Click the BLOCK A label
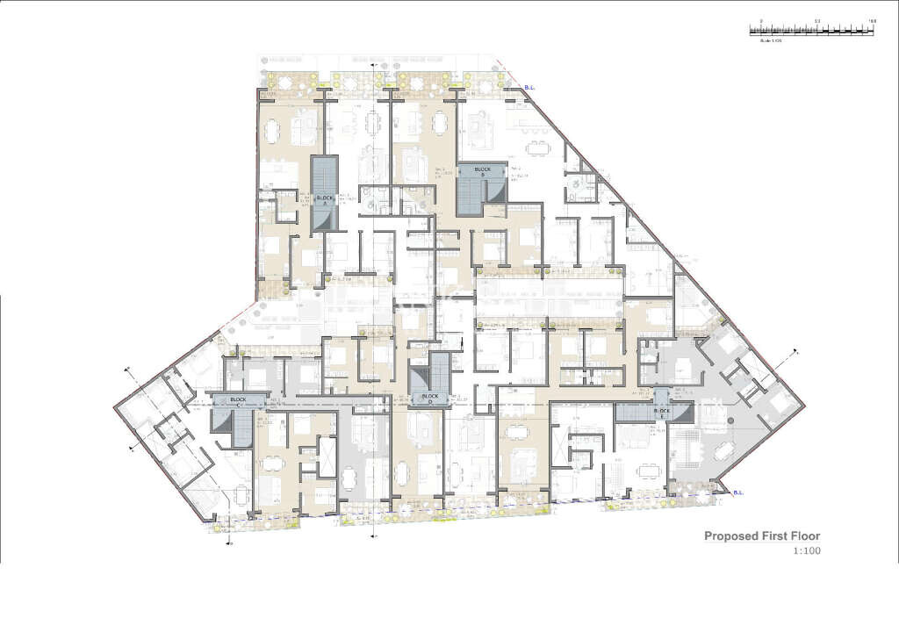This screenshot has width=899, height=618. coord(325,199)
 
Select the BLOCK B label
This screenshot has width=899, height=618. coord(482,169)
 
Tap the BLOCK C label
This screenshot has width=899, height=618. coord(238,399)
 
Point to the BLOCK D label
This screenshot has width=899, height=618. coord(429,396)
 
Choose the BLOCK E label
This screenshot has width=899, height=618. coord(663,411)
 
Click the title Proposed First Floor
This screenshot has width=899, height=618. coord(761,535)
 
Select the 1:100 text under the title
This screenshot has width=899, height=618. coord(807,551)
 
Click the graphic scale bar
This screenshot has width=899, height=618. coord(811,30)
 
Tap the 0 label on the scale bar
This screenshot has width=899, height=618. coord(761,19)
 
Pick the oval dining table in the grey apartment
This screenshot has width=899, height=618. coord(724,451)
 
